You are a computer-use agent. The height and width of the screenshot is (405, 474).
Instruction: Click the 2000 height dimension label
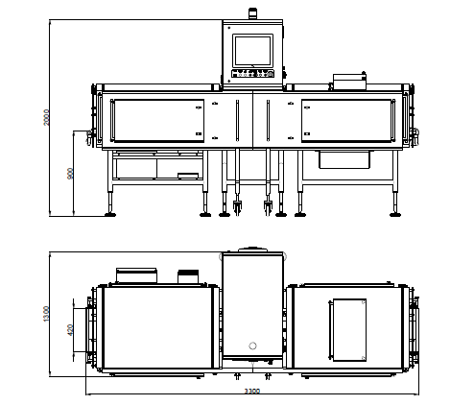point(46,117)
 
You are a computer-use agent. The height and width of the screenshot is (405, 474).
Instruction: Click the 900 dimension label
point(70,174)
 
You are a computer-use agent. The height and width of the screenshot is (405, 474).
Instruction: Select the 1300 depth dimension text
point(46,314)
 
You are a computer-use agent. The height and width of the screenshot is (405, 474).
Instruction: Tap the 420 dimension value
point(70,330)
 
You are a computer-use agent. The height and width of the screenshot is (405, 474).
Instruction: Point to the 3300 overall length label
point(252,391)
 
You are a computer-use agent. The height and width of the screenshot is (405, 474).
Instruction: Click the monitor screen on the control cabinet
point(252,51)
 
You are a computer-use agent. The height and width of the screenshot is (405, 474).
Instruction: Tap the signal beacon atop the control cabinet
point(252,13)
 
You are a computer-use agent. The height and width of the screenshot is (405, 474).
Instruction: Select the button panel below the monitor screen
point(253,74)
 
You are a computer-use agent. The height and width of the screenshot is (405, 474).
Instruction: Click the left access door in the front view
point(159,121)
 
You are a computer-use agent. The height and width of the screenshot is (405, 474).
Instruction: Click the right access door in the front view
point(346,121)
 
